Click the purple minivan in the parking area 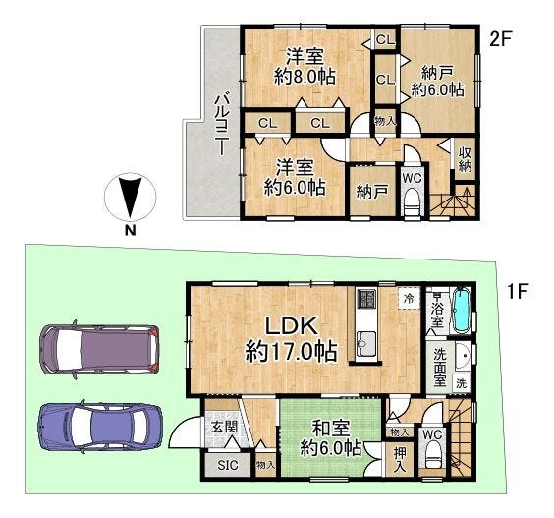point(99,349)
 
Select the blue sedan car point(101,427)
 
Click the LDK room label point(291,326)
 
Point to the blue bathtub point(461,310)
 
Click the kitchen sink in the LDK point(366,345)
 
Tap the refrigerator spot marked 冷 point(409,298)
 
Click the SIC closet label point(228,465)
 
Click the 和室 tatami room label point(330,429)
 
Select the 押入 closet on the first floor point(399,460)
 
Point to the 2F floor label point(500,39)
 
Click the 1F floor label point(518,291)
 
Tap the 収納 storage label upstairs point(465,159)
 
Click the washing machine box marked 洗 point(461,383)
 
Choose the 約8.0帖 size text point(305,76)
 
